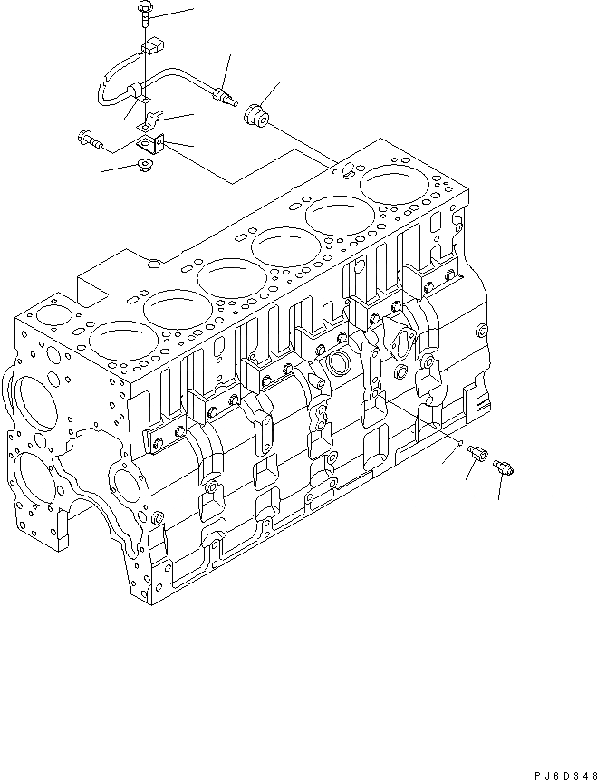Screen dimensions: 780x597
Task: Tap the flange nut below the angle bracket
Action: (x=142, y=165)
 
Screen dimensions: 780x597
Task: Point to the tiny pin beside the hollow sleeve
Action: (x=462, y=443)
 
